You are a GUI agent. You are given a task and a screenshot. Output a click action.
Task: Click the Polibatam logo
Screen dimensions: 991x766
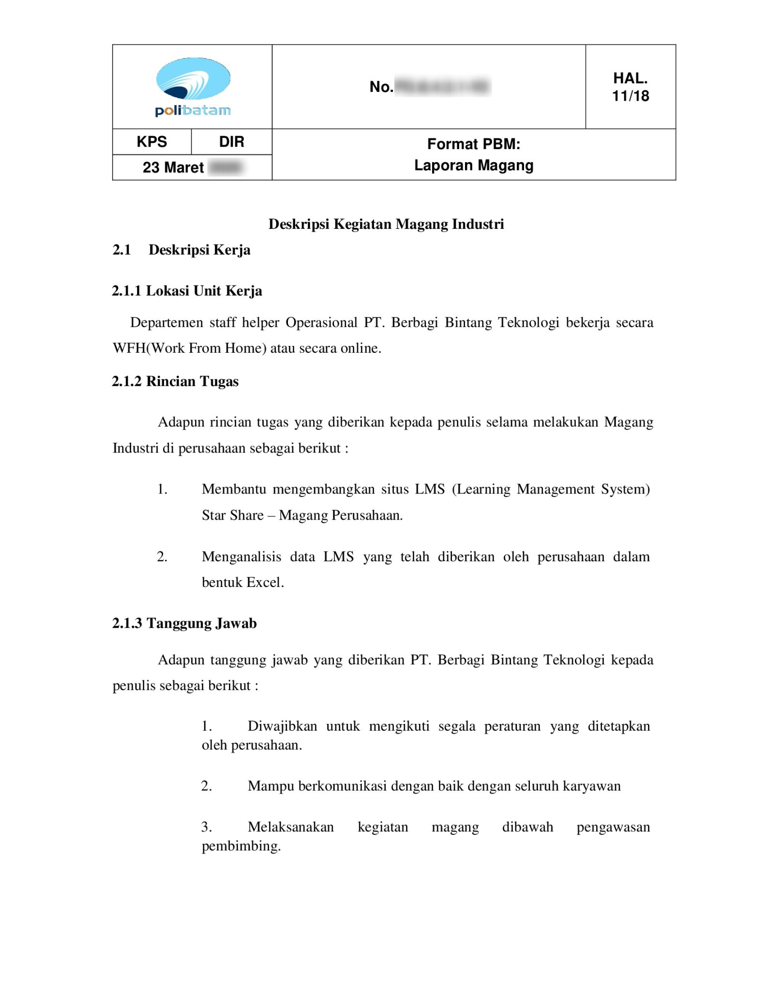(193, 87)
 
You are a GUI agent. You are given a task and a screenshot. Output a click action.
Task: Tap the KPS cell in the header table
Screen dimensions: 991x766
(151, 142)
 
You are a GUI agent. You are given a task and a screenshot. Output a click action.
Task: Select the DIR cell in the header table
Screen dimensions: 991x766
(231, 142)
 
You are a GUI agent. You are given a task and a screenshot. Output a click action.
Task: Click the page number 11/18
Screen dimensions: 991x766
(630, 96)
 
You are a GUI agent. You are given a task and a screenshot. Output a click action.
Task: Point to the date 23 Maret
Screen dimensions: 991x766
(173, 167)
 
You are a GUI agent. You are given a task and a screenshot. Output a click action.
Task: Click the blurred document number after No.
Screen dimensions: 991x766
(442, 87)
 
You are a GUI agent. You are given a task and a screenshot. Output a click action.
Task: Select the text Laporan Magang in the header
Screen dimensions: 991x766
(473, 165)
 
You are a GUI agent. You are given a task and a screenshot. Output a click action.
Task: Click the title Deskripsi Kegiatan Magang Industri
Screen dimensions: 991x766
(386, 224)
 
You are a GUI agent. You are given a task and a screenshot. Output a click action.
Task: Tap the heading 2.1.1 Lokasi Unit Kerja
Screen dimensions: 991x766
(187, 291)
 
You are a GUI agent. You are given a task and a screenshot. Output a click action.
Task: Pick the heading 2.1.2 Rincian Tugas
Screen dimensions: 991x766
(175, 381)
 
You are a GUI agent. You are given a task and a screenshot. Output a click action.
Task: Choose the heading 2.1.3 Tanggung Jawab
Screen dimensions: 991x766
(184, 623)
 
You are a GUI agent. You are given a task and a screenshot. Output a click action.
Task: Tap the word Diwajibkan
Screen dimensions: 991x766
(282, 726)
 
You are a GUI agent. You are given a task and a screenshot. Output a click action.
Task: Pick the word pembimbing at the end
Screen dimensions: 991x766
(240, 846)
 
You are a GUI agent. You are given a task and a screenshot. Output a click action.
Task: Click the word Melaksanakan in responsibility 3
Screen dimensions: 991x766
(290, 827)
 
